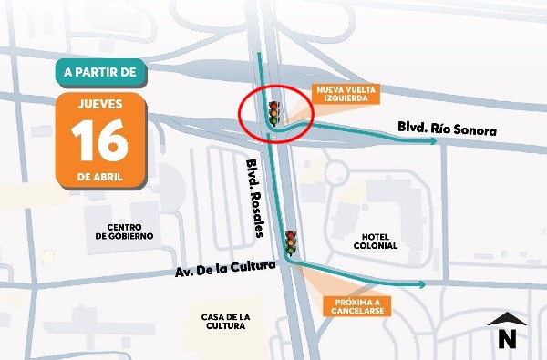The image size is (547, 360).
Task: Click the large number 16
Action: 100,139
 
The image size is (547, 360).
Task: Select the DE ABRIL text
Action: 100,174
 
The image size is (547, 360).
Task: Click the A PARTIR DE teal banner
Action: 99,69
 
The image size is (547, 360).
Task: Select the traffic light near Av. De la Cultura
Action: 291,242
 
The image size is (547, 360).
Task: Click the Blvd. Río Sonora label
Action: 447,130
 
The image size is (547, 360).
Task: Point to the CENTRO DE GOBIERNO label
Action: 123,231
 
